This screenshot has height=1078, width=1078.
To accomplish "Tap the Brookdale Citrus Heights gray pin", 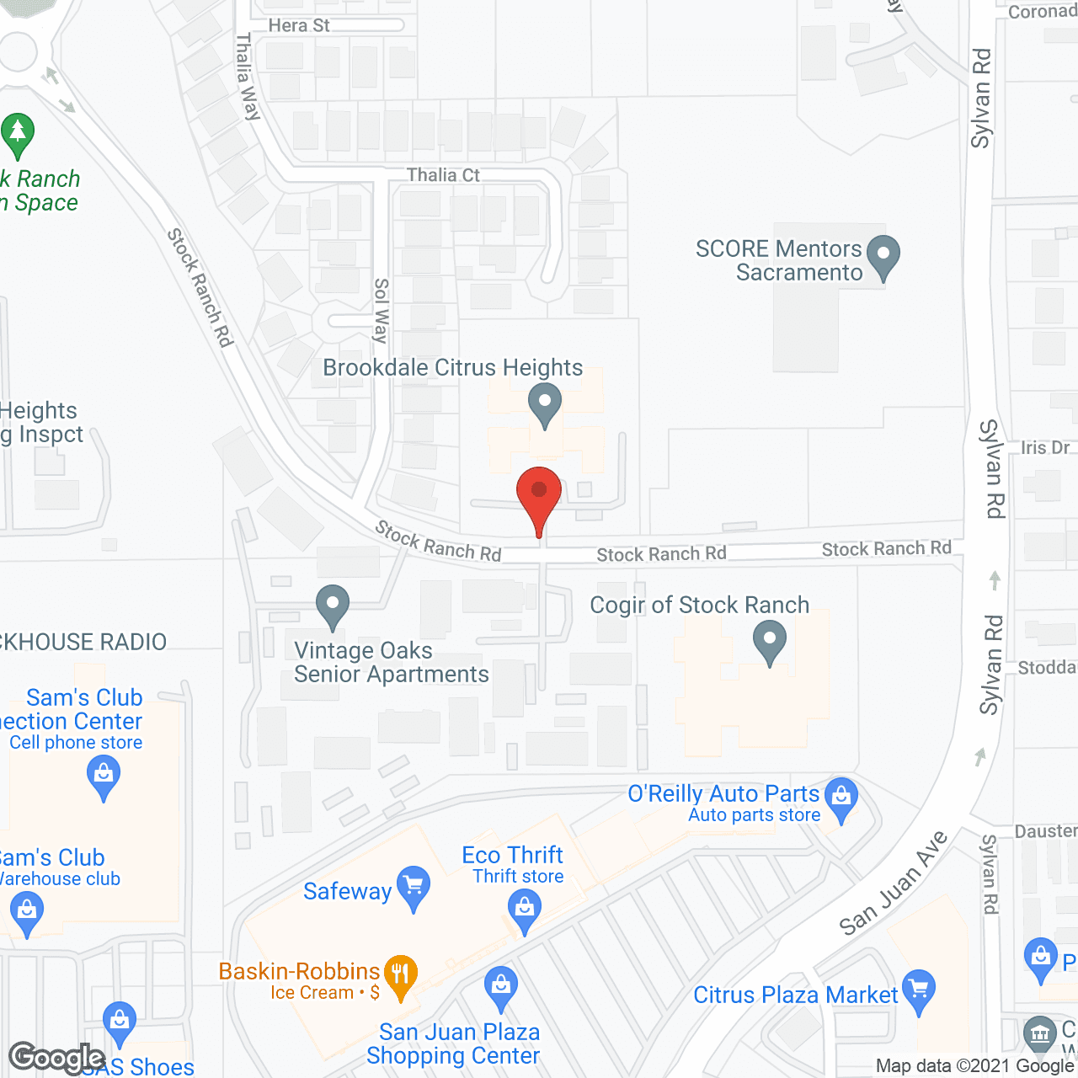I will tap(545, 403).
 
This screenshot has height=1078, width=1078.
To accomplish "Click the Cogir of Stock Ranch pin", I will tap(769, 642).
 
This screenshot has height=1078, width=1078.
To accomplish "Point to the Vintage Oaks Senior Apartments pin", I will tap(333, 606).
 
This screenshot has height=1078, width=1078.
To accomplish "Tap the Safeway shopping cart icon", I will tap(413, 887).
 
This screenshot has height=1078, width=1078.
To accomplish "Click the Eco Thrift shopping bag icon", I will tap(525, 910).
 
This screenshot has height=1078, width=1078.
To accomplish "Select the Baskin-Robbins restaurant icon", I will tap(400, 975).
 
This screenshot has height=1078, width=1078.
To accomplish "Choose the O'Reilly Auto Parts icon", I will tap(841, 798).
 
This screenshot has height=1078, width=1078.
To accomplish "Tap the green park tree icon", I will tap(18, 134).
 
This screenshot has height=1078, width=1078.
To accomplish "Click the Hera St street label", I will tap(299, 25).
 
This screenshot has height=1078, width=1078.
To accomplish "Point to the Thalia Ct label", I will tap(443, 175).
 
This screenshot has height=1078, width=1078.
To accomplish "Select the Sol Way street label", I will tap(382, 310).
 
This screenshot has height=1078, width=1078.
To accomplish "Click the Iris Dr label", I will tap(1044, 447).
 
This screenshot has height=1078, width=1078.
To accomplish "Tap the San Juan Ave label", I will tap(894, 883).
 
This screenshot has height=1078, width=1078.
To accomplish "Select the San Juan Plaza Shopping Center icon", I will tap(501, 986).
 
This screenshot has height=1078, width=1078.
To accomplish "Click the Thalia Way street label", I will tap(248, 77).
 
